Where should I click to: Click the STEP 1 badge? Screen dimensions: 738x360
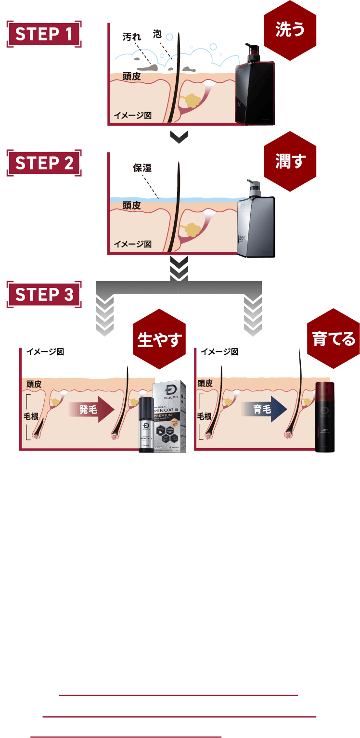point(44,35)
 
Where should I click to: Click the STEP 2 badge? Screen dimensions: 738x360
point(44,163)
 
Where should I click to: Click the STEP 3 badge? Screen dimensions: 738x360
point(44,294)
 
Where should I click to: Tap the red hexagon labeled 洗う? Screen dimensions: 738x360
point(290,30)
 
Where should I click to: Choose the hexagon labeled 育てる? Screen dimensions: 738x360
point(334,339)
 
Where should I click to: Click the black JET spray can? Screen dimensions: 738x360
point(325,417)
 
